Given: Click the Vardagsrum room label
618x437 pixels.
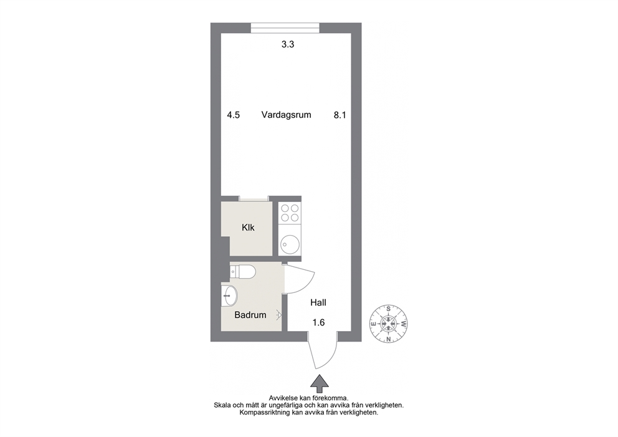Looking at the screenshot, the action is pyautogui.click(x=286, y=115).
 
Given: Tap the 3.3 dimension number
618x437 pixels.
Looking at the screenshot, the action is pyautogui.click(x=288, y=44).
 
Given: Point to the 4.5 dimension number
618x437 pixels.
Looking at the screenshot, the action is pyautogui.click(x=234, y=115).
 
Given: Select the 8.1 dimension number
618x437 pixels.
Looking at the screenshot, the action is pyautogui.click(x=340, y=115).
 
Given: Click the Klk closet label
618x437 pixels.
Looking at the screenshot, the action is pyautogui.click(x=249, y=228).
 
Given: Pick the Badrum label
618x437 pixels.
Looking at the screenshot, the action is pyautogui.click(x=250, y=315).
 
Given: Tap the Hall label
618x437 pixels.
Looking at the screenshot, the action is pyautogui.click(x=318, y=303).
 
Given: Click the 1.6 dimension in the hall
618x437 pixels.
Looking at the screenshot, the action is pyautogui.click(x=318, y=323).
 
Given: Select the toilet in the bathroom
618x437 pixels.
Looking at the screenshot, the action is pyautogui.click(x=243, y=272).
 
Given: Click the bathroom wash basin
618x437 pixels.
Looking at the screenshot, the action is pyautogui.click(x=229, y=295).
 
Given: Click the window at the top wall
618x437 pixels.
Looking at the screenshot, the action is pyautogui.click(x=285, y=28).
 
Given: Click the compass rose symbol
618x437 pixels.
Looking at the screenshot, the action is pyautogui.click(x=389, y=324).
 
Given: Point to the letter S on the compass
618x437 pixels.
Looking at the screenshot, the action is pyautogui.click(x=389, y=309).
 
